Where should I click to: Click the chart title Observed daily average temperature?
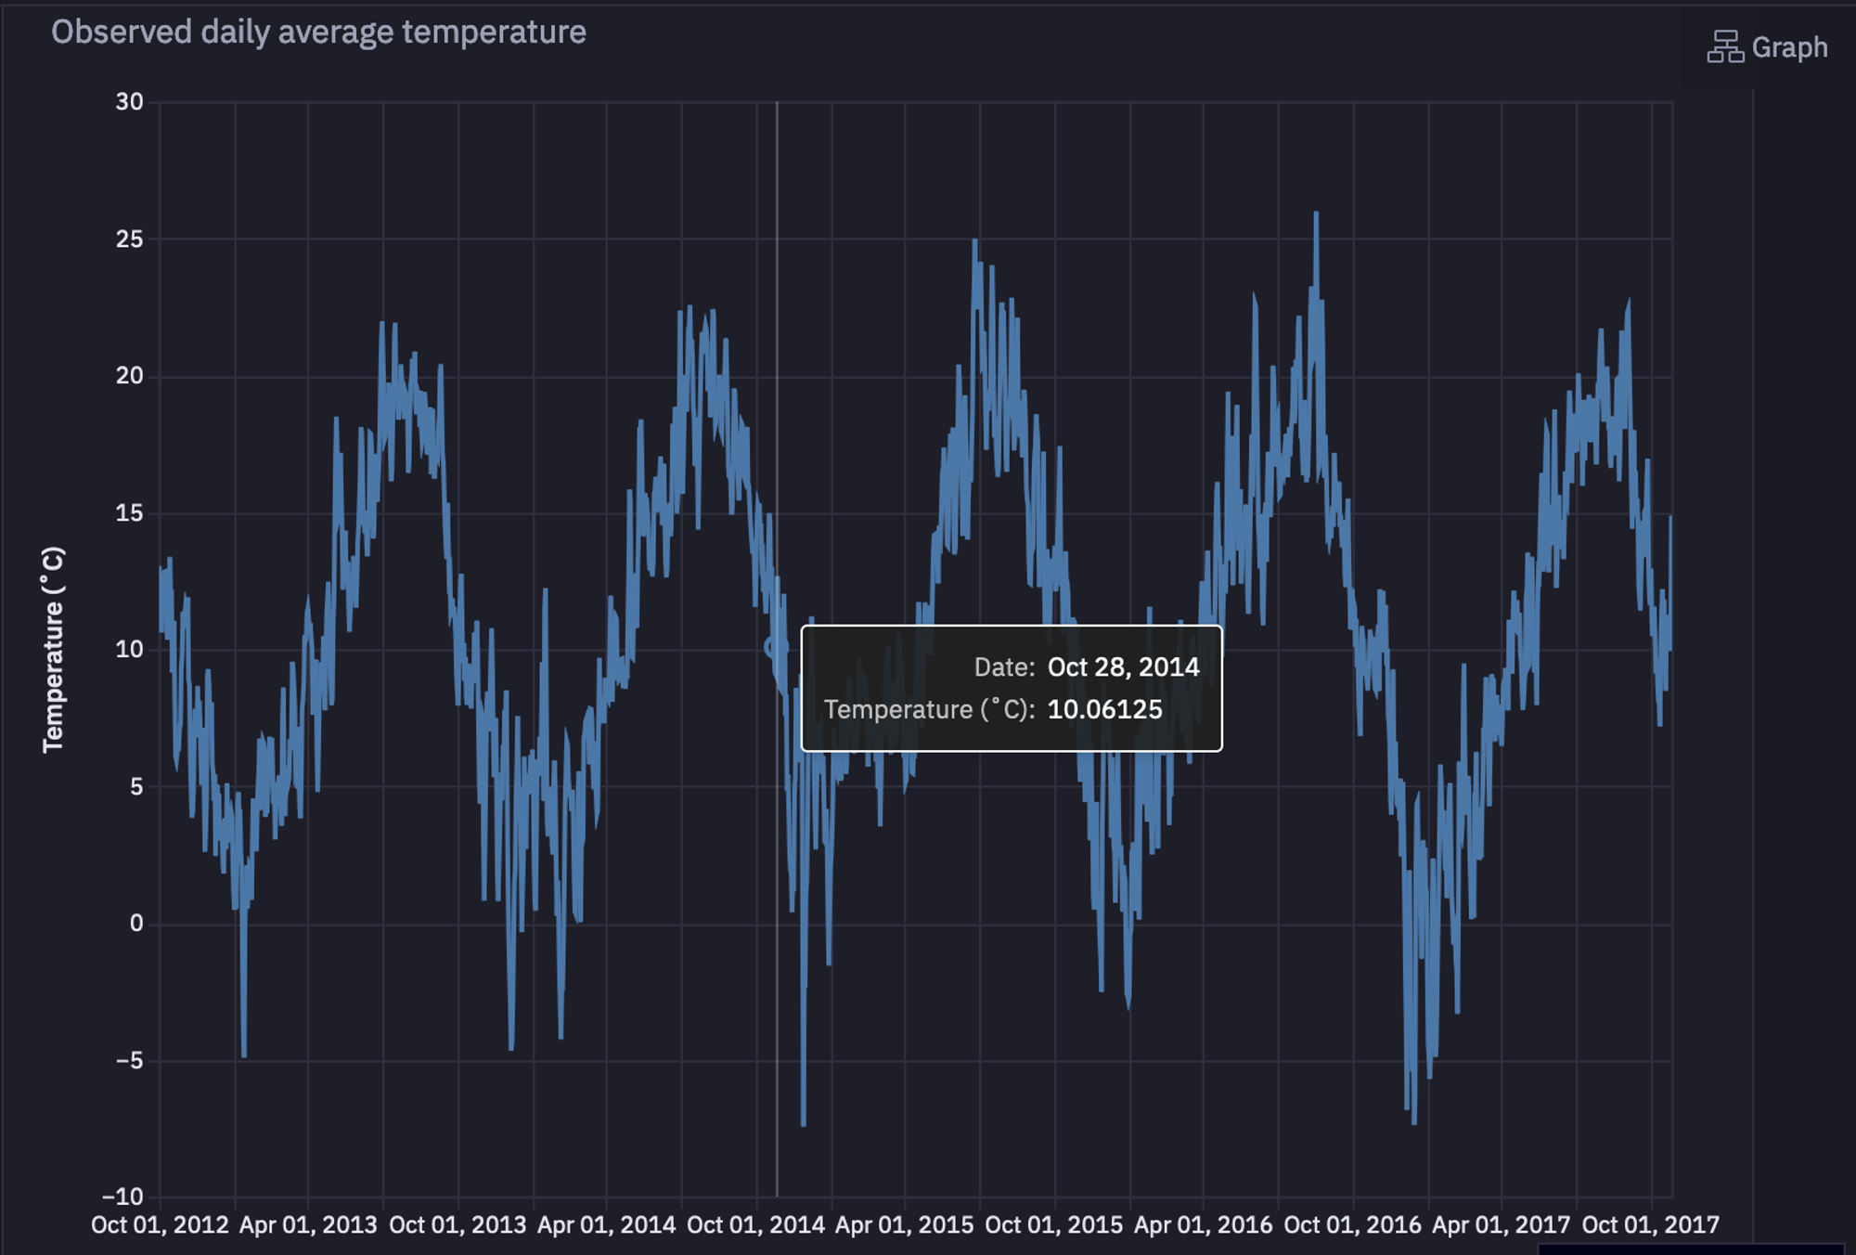click(x=318, y=32)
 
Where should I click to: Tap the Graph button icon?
click(x=1725, y=46)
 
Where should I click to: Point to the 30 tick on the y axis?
click(x=129, y=102)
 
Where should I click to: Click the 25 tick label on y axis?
click(x=129, y=239)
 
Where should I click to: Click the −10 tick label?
click(x=122, y=1197)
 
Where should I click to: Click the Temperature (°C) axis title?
click(x=53, y=649)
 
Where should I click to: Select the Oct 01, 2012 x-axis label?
click(x=160, y=1225)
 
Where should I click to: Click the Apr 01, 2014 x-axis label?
click(x=607, y=1225)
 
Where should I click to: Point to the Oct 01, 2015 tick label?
click(x=1053, y=1225)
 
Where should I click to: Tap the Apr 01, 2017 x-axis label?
click(x=1501, y=1225)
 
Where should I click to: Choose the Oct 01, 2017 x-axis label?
click(x=1650, y=1225)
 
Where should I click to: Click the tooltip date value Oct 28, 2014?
click(x=1123, y=667)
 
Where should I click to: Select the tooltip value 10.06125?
click(x=1104, y=710)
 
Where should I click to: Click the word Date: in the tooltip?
click(x=1004, y=667)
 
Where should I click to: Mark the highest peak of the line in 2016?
click(x=1316, y=213)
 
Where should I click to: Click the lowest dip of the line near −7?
click(x=803, y=1124)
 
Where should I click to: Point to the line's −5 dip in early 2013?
click(x=244, y=1054)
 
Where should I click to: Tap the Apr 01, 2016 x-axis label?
click(x=1203, y=1225)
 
